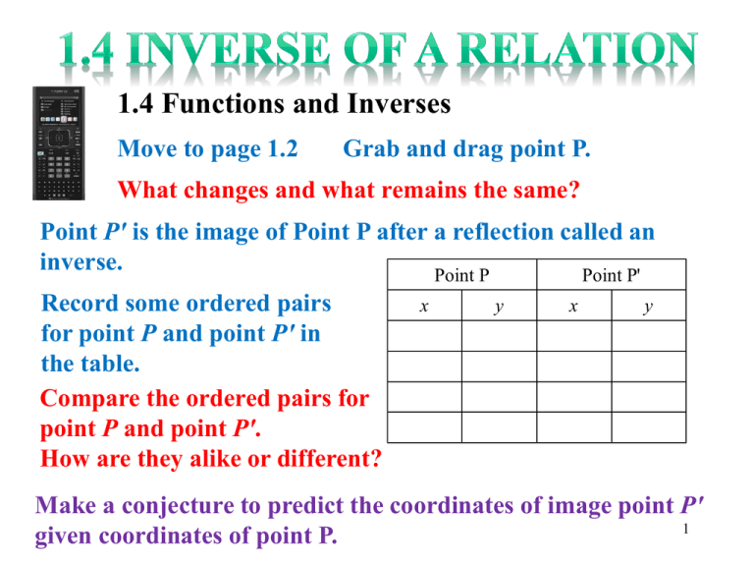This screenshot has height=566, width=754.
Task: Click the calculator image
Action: tap(59, 142)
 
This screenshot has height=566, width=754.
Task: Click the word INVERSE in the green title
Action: tap(229, 49)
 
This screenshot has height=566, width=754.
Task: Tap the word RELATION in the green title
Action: tap(577, 49)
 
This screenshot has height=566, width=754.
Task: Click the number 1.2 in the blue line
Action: tap(283, 148)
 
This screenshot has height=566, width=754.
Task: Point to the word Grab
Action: tap(371, 148)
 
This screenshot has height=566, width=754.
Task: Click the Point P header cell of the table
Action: tap(462, 275)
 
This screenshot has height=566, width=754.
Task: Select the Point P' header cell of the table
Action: tap(612, 275)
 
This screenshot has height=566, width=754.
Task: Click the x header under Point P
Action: tap(424, 306)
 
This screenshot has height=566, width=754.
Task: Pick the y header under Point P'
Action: tap(649, 306)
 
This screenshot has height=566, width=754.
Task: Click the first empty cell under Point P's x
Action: tap(424, 336)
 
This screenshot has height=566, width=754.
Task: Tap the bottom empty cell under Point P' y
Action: tap(649, 427)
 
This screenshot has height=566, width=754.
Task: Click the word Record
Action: tap(80, 304)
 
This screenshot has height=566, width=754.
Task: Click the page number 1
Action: tap(685, 529)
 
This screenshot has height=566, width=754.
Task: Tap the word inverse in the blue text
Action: tap(81, 262)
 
